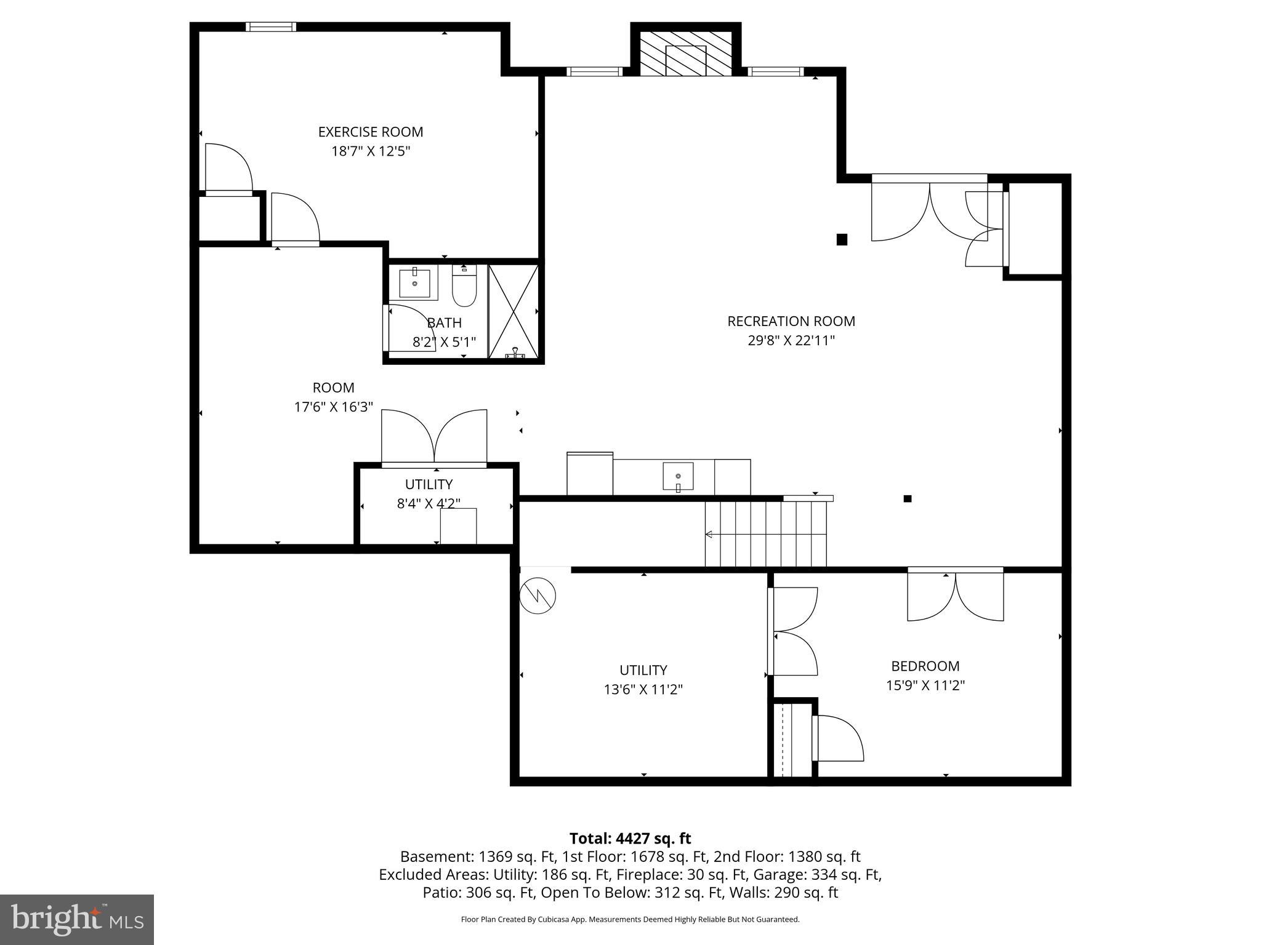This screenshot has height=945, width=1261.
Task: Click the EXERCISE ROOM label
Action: point(370,132)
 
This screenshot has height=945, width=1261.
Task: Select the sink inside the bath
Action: point(415,284)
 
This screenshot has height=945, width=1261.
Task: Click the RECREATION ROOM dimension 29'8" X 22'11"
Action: point(791,340)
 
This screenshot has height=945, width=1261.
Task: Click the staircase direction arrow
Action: point(709,534)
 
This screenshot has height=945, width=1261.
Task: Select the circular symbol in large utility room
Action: point(538,596)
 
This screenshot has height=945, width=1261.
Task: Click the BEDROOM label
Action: point(925,666)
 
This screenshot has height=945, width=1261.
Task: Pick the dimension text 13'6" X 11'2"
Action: point(643,690)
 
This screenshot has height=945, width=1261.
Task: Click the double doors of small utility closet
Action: point(434,437)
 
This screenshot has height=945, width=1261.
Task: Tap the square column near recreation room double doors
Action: point(842,239)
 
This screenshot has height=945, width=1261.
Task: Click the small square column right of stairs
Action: point(907,498)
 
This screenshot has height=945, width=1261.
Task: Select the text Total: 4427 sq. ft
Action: point(630,839)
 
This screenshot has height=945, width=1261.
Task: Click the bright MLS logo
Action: point(77,919)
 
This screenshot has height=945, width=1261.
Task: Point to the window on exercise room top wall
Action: point(271,26)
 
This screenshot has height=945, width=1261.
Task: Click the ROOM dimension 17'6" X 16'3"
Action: point(333,407)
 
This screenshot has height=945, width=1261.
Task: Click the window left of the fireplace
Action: point(594,71)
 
